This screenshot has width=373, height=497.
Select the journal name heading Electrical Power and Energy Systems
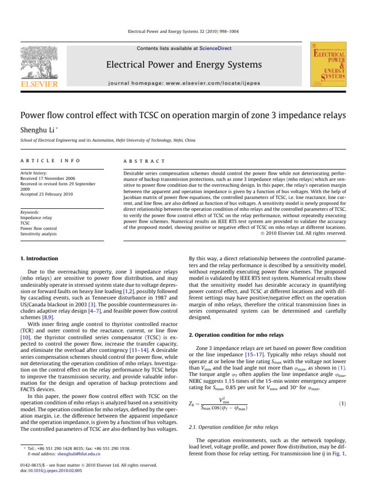[186, 65]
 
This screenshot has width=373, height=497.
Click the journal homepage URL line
[186, 83]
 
